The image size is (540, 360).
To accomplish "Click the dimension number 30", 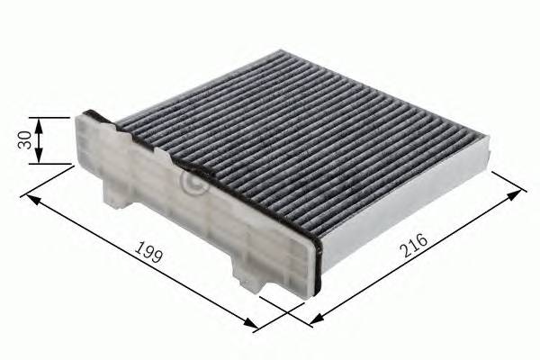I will pyautogui.click(x=25, y=141).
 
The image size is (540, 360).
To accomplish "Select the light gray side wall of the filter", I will pyautogui.click(x=405, y=211).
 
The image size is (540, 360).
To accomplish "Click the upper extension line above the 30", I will pyautogui.click(x=58, y=117).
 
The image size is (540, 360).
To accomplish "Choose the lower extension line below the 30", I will pyautogui.click(x=58, y=164).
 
